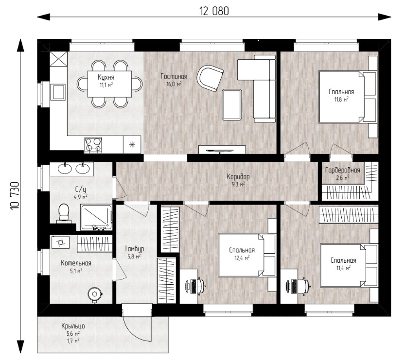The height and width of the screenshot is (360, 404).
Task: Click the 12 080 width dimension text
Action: coord(214,11)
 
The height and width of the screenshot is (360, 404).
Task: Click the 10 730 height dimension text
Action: coord(15,196)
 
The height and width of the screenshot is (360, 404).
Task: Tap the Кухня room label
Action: coord(106,77)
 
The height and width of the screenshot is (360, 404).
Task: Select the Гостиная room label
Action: coord(174,76)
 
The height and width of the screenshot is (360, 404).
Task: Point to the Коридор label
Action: coord(238,177)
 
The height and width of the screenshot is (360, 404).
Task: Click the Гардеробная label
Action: coord(342,170)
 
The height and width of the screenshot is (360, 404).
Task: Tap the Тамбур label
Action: coord(134,249)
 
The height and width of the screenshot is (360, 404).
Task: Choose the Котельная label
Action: coord(76,263)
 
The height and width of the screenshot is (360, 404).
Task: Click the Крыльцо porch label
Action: coord(73,326)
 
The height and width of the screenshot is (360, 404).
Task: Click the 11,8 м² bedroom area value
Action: coord(341,100)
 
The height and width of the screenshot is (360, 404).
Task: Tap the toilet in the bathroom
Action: coord(64,212)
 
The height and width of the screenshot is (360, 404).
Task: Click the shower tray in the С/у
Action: coord(96,217)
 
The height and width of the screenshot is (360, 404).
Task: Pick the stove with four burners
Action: coord(93,145)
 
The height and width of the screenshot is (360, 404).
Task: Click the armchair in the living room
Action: coord(210,78)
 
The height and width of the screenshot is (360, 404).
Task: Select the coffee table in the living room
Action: coord(231,104)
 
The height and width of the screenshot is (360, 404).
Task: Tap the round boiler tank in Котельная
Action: coord(95,294)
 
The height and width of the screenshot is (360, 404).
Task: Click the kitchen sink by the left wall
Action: coord(58,92)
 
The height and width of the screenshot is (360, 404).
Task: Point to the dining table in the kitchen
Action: coord(109,84)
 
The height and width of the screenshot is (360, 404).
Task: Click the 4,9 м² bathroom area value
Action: coord(80,197)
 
